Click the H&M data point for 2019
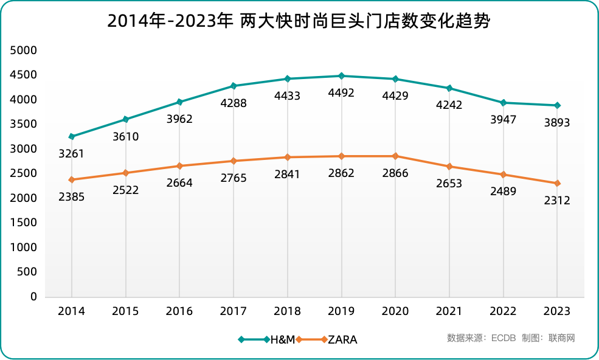click(341, 76)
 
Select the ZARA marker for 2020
click(395, 156)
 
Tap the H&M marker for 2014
click(72, 137)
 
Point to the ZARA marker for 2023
click(557, 183)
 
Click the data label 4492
click(341, 93)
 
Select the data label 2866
click(395, 173)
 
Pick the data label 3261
click(72, 154)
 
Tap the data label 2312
click(557, 200)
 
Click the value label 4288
click(234, 103)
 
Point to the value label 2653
click(449, 183)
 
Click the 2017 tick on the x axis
click(234, 311)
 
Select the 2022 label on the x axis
click(503, 311)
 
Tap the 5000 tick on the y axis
click(24, 50)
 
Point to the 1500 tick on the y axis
click(24, 223)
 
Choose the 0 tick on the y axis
click(33, 297)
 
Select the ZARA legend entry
click(342, 339)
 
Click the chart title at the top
click(299, 21)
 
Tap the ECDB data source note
click(480, 338)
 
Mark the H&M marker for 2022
click(503, 103)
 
